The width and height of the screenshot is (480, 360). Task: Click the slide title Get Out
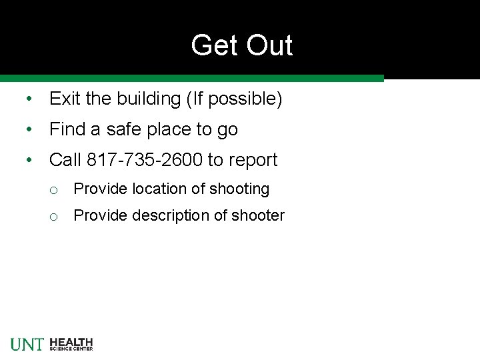(241, 45)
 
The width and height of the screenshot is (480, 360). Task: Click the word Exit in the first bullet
(65, 99)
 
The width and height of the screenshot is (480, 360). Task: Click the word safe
(127, 129)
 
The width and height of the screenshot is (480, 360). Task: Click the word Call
(65, 160)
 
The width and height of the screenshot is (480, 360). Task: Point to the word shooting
(239, 189)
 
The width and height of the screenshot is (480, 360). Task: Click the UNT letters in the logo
(27, 344)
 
